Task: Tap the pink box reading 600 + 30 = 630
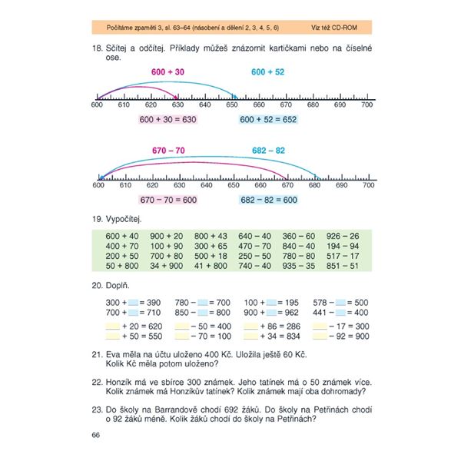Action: coord(168,120)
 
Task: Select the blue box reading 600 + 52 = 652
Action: coord(267,120)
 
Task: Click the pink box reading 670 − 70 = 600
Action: coord(168,200)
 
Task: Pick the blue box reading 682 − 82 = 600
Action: coord(268,200)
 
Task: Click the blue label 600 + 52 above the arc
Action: coord(268,71)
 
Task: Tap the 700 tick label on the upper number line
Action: coord(367,104)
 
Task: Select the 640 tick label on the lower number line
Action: coord(205,185)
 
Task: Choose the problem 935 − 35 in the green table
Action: coord(298,265)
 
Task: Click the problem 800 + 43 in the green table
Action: coord(211,235)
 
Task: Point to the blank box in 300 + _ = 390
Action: coord(133,303)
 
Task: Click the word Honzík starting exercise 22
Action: coord(120,380)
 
